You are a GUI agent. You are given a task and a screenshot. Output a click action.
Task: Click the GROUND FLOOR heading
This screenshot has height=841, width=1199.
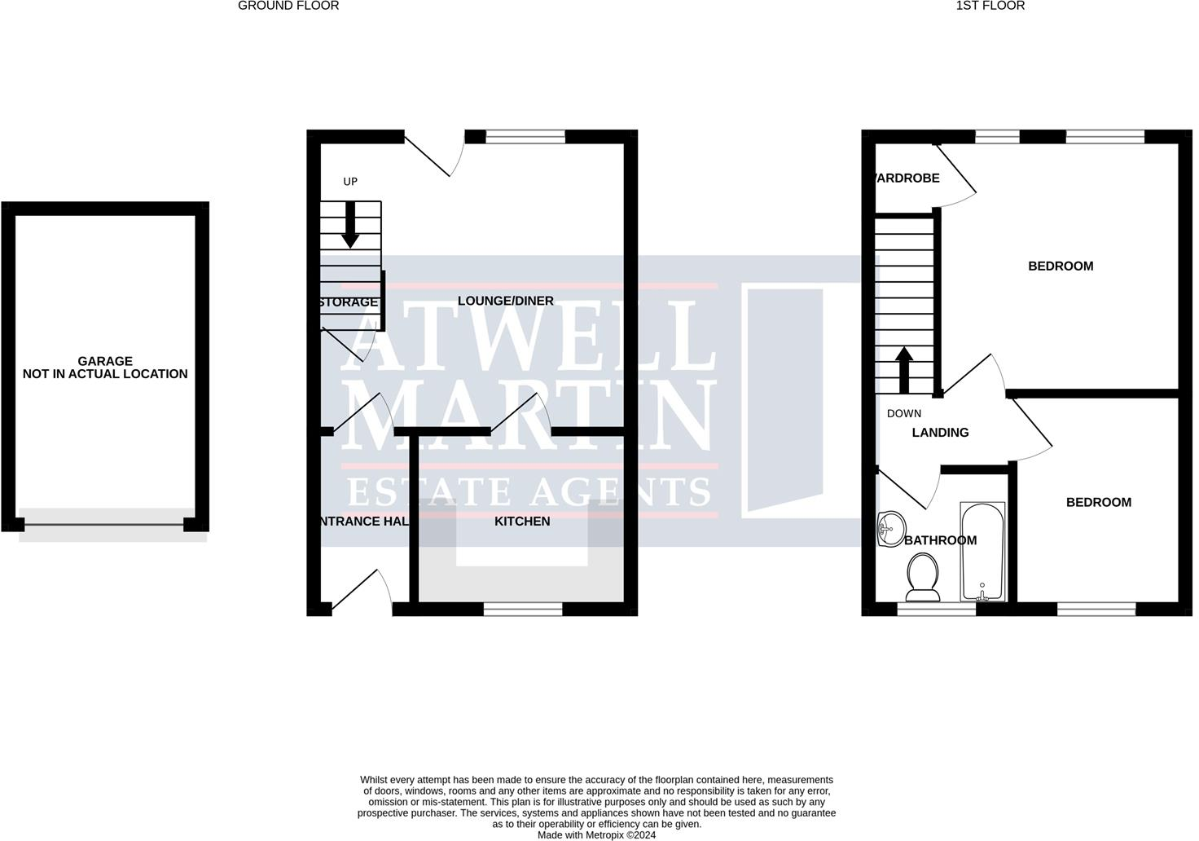point(288,6)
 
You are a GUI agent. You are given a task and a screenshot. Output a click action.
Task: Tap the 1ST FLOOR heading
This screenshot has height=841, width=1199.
point(990,6)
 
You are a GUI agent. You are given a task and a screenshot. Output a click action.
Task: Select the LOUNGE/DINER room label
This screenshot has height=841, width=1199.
point(505,302)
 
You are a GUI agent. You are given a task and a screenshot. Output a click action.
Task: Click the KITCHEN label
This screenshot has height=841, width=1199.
point(522,522)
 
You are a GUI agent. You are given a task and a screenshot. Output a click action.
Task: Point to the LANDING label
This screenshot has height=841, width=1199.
point(940,433)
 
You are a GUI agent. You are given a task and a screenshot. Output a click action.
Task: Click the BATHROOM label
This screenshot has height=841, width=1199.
point(941,540)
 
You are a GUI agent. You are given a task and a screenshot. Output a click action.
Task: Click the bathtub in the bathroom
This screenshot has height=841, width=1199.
point(983,552)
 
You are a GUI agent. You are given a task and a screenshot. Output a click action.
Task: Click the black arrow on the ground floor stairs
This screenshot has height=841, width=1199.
point(350,225)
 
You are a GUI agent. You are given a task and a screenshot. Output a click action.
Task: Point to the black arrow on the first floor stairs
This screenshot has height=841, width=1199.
point(903,370)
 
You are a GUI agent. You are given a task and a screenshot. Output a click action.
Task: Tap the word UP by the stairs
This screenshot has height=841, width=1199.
point(350,182)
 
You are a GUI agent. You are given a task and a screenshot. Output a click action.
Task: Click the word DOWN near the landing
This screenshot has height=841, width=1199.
point(904,414)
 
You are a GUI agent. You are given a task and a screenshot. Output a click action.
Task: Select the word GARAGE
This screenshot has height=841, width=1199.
point(105,361)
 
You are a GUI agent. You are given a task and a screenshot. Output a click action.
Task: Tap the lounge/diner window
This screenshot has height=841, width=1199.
point(525,136)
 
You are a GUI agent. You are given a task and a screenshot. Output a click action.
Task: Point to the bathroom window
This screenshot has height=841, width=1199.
point(936,608)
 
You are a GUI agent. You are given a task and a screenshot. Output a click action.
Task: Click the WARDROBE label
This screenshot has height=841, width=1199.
point(907,178)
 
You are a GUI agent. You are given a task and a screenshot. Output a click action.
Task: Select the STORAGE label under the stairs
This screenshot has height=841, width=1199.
point(349,302)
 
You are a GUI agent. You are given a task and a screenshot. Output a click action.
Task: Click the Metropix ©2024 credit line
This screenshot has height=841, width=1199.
point(596,834)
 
